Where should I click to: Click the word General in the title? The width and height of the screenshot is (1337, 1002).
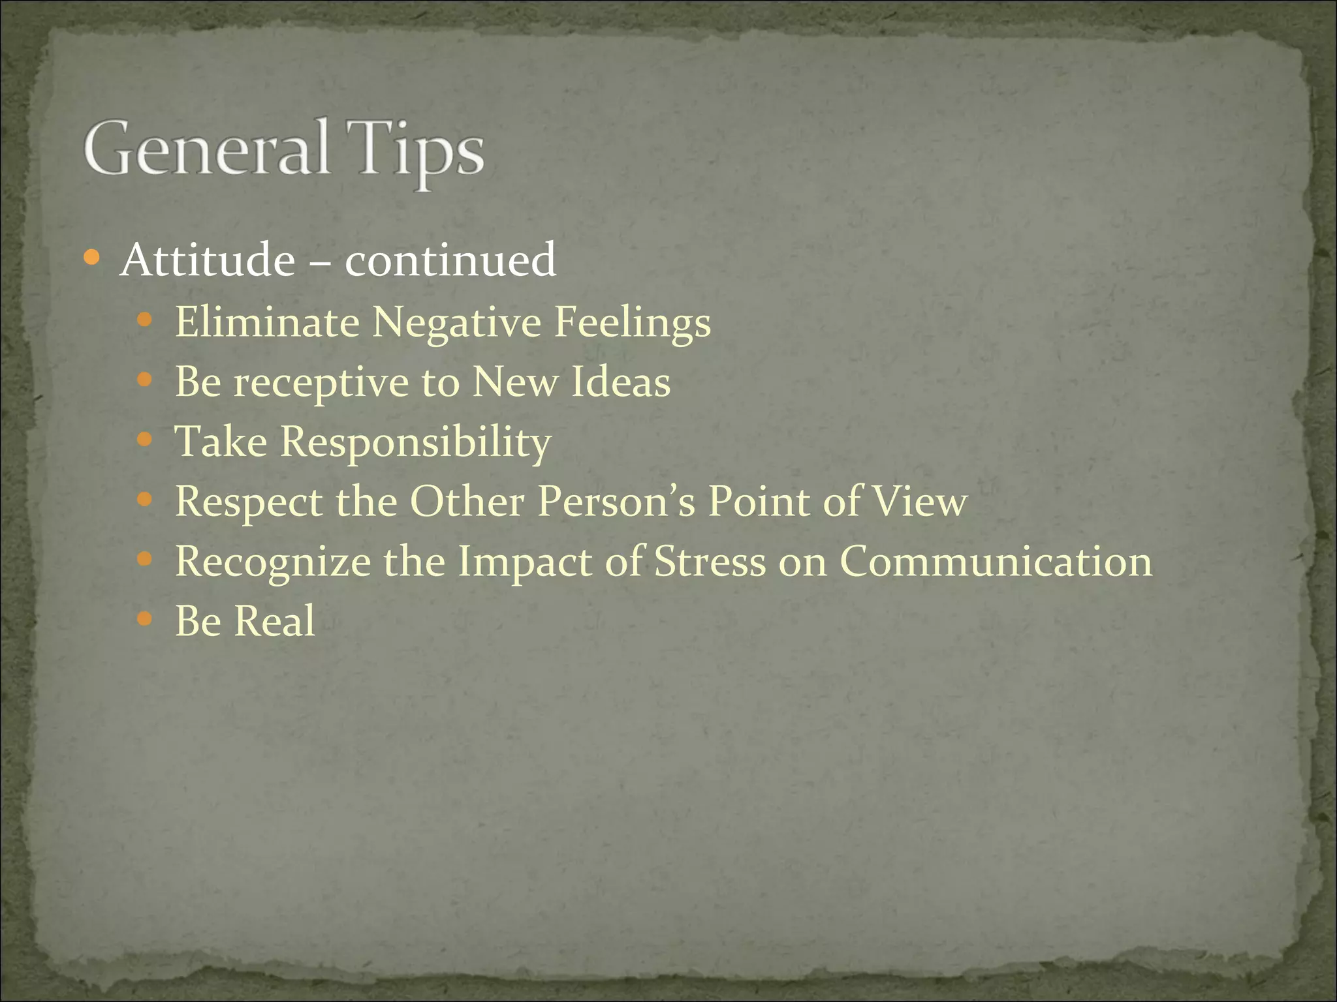206,149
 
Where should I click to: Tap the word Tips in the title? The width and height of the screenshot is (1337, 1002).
415,151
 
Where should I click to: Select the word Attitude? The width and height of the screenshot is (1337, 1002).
208,260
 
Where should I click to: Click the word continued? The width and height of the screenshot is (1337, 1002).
450,260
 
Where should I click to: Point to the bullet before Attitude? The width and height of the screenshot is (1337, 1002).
92,258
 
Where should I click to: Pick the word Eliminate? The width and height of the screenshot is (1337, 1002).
267,322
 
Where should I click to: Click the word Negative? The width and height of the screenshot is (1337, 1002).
456,323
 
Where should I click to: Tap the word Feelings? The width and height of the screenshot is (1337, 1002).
633,323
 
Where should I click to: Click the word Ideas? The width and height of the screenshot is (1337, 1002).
621,382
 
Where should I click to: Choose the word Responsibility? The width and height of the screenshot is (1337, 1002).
416,443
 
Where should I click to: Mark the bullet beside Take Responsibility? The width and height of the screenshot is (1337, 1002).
145,440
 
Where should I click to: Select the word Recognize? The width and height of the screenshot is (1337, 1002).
273,562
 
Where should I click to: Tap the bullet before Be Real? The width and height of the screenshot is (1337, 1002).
145,619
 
